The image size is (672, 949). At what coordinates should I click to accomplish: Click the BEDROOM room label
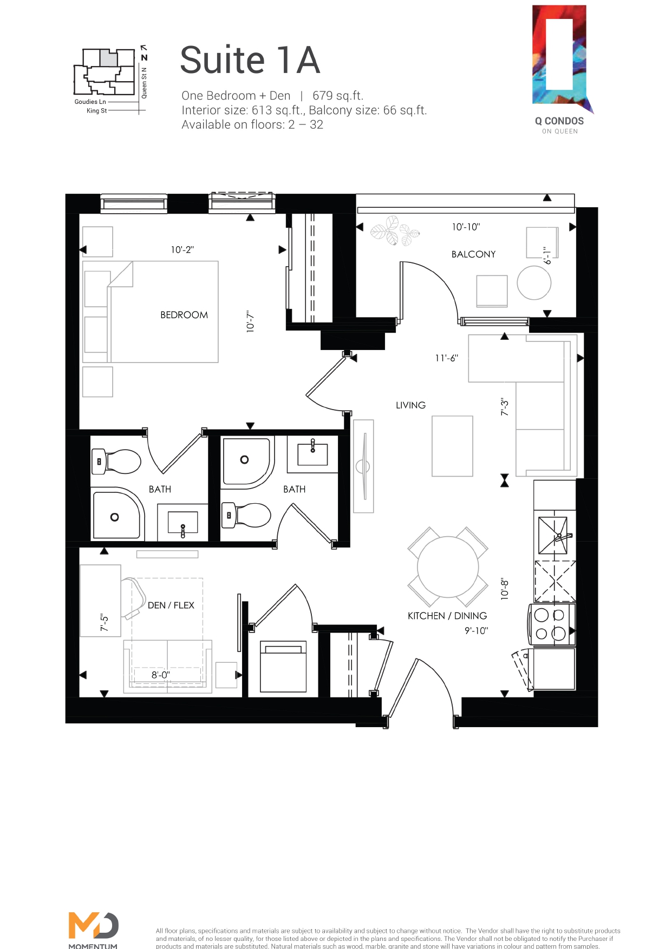[184, 315]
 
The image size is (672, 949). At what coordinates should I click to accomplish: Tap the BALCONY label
[473, 254]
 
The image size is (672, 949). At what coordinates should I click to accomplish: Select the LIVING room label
[410, 405]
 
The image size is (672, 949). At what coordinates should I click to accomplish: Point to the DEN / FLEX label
[171, 605]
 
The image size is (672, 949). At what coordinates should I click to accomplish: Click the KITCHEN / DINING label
[447, 616]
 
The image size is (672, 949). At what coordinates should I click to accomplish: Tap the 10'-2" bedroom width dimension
[182, 250]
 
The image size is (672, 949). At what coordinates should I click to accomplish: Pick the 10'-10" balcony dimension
[466, 227]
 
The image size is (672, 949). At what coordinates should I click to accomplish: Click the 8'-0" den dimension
[160, 675]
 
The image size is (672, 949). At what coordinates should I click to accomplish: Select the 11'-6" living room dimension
[446, 358]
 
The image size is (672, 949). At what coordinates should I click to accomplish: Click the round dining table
[448, 567]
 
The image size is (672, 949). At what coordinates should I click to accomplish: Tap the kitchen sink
[553, 536]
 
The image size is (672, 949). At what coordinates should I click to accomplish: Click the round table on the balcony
[534, 283]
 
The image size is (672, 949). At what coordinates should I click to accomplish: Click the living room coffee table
[452, 446]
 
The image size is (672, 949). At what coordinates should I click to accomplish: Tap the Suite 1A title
[250, 60]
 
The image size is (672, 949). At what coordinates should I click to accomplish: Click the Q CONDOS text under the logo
[559, 121]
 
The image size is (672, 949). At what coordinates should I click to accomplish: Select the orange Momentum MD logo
[93, 926]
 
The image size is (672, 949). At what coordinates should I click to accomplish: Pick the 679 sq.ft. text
[337, 96]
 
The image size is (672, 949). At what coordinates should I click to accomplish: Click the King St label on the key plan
[96, 111]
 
